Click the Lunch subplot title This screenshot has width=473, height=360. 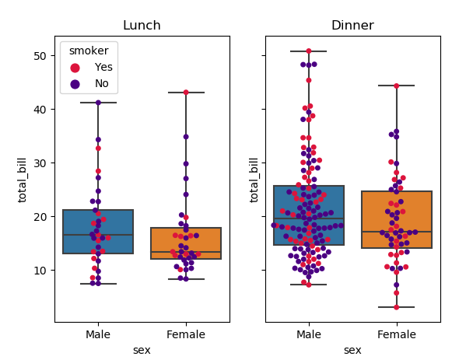point(142,26)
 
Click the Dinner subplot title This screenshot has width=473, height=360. point(352,26)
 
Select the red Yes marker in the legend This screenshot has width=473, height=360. point(75,67)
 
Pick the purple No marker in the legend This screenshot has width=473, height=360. point(75,83)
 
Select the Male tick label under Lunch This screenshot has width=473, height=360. point(98,334)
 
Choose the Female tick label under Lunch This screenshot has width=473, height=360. point(185,334)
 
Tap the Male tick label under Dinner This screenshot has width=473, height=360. point(309,334)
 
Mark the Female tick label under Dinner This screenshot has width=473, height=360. point(396,334)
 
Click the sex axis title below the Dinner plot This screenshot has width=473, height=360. point(352,350)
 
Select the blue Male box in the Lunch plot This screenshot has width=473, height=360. point(98,232)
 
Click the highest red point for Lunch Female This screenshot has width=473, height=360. point(186,93)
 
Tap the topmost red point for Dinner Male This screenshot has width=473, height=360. point(309,51)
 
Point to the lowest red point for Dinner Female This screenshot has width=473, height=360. point(396,307)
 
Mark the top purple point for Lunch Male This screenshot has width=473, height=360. point(98,103)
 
